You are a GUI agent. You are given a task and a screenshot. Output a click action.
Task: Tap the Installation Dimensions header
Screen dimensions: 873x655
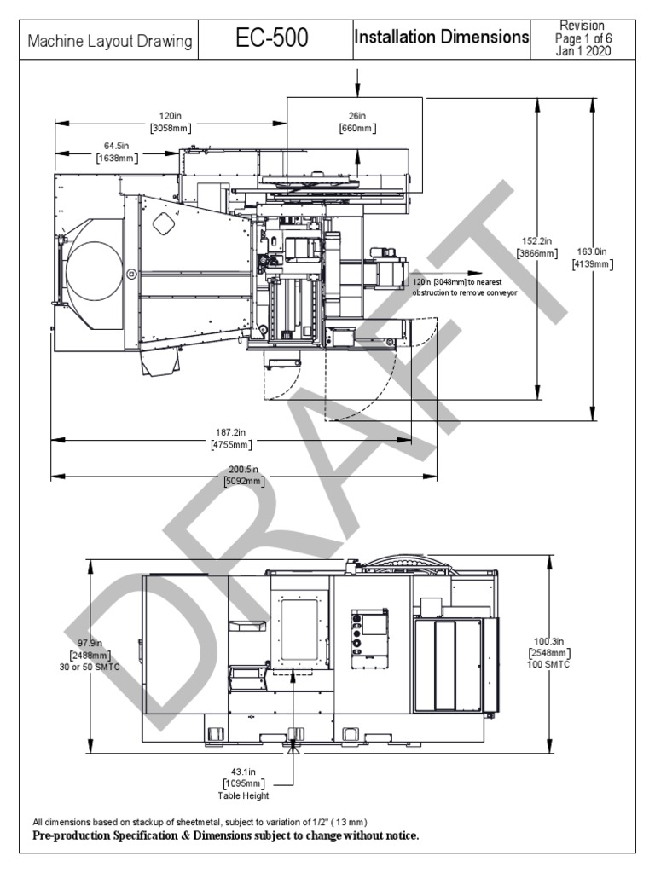[441, 38]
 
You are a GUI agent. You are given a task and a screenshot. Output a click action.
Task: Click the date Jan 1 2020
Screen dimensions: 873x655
[583, 51]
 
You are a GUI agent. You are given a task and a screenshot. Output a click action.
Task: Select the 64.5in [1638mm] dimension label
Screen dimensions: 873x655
[117, 152]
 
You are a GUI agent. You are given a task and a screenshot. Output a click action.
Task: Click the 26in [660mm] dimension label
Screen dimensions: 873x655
[357, 122]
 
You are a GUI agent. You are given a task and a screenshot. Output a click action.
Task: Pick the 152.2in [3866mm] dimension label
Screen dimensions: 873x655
[537, 246]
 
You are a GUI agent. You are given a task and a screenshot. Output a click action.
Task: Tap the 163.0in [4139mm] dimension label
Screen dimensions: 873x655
[592, 257]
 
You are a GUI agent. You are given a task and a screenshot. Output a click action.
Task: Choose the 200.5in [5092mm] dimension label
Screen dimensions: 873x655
[243, 475]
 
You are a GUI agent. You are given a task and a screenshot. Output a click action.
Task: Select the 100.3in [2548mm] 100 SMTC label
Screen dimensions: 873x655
[548, 652]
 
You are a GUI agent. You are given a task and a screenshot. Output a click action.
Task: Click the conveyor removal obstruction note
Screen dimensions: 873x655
[465, 287]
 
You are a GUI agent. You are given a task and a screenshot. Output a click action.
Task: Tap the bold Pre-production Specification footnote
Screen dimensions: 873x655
[225, 835]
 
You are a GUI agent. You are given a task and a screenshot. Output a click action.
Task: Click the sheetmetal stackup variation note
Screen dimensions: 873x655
[200, 822]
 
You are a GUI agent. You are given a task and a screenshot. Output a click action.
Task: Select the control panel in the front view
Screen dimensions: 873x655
[369, 634]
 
